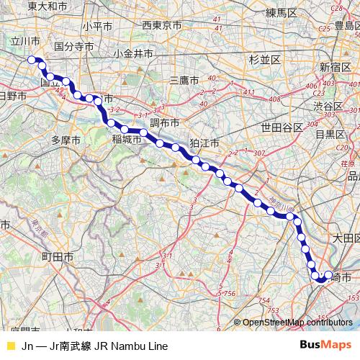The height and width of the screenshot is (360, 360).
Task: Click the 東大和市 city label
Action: click(48, 6)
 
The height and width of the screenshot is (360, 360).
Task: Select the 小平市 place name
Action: click(96, 26)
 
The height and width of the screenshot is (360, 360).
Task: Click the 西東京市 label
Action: click(162, 26)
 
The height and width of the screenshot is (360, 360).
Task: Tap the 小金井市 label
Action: click(133, 53)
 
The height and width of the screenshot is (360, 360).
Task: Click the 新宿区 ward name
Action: click(335, 66)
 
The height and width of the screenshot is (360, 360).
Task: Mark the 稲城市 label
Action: click(126, 140)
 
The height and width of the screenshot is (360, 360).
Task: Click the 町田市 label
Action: click(57, 256)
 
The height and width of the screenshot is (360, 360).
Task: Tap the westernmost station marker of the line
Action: click(31, 60)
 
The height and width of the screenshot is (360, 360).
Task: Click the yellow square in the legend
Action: click(10, 346)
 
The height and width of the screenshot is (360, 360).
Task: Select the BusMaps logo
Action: click(325, 346)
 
